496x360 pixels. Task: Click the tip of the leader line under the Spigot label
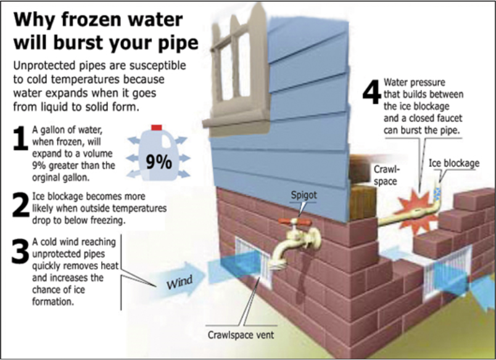click(299, 216)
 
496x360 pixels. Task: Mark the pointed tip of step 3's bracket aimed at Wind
click(156, 287)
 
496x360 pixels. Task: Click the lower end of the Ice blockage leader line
click(440, 182)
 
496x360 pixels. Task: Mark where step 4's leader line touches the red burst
click(420, 192)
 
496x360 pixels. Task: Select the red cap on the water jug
click(157, 128)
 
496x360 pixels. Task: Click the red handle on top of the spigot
click(295, 222)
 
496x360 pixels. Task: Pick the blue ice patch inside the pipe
click(437, 193)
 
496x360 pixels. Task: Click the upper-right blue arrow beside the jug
click(181, 140)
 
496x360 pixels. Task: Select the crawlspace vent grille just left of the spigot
click(253, 262)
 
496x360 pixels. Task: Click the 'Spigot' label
click(304, 195)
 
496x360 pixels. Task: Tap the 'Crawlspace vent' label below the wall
click(241, 335)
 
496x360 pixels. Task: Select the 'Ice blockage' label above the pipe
click(453, 163)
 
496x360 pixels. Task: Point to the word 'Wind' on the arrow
click(180, 282)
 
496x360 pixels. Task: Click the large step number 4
click(371, 92)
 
